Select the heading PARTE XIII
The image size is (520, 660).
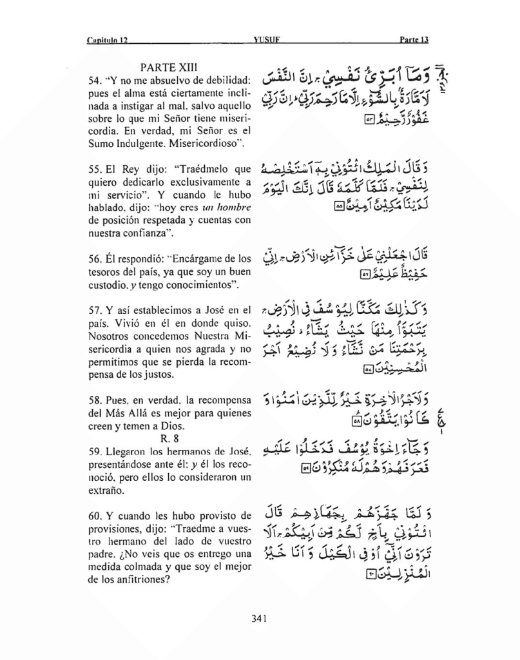pyautogui.click(x=169, y=67)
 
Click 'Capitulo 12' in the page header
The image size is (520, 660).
pyautogui.click(x=108, y=40)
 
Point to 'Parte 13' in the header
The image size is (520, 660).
pyautogui.click(x=414, y=40)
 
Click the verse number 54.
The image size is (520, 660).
pyautogui.click(x=94, y=81)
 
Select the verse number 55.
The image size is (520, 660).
pyautogui.click(x=94, y=170)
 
